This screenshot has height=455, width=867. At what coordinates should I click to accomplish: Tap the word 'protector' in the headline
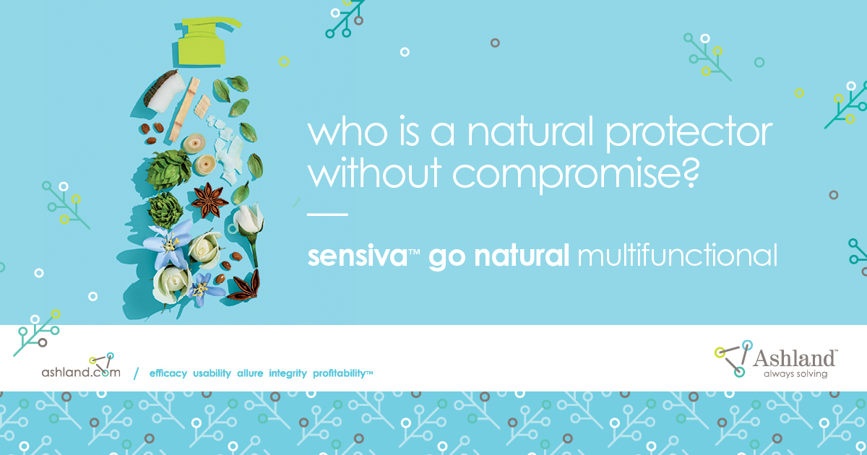point(689,134)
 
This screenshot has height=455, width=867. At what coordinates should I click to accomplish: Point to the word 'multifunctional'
point(678,255)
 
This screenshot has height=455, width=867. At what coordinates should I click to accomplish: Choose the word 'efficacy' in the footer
point(168,373)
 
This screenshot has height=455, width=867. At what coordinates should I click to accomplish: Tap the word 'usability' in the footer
point(212,373)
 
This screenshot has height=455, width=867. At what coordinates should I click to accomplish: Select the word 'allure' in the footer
point(250,373)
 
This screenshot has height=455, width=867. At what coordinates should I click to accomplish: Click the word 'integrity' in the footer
point(288,373)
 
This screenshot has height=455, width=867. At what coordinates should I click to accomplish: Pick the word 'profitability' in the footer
point(339,373)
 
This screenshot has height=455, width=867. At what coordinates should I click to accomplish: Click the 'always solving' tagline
point(795,374)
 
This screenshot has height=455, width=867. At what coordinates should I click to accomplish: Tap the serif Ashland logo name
point(794,358)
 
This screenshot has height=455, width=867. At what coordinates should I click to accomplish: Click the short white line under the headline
point(327,214)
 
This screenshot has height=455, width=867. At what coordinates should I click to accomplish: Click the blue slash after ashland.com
point(136,373)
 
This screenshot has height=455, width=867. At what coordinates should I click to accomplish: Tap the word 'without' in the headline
point(374,171)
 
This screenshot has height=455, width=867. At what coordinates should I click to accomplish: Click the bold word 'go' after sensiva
point(447,258)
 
